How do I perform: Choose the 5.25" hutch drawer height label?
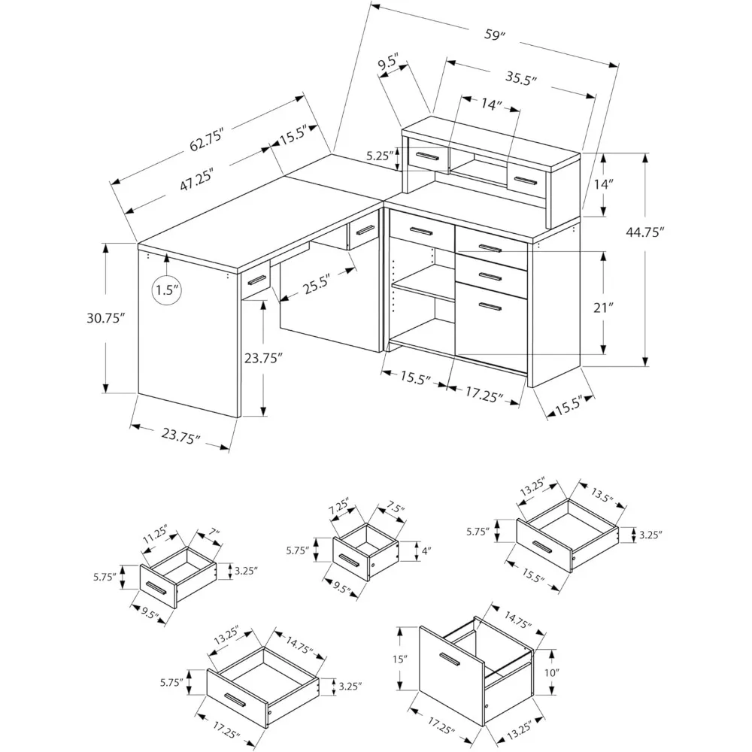(x=381, y=156)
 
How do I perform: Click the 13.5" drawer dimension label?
(x=599, y=497)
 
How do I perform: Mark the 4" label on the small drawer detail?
(x=426, y=551)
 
